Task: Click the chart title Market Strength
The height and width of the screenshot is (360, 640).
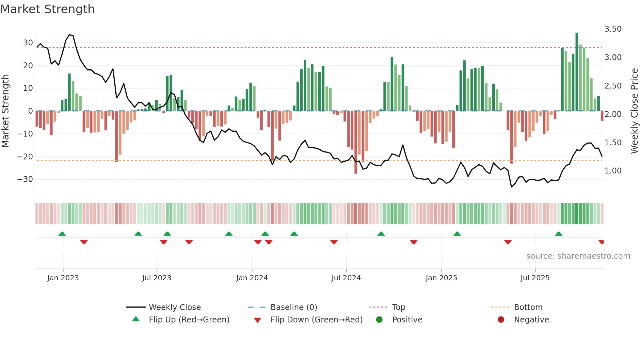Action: pos(48,9)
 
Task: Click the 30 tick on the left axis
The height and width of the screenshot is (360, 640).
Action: pos(28,43)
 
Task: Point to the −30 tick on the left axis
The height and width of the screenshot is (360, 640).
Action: pos(25,179)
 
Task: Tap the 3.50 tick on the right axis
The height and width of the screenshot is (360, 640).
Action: pos(613,29)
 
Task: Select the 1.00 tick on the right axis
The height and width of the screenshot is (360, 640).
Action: pos(613,171)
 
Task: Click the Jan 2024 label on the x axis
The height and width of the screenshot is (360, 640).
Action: pos(252,278)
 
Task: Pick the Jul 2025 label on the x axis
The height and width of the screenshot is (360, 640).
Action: pos(535,278)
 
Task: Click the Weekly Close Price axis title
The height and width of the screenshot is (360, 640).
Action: pos(634,111)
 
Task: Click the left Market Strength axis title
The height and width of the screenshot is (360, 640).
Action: pos(6,111)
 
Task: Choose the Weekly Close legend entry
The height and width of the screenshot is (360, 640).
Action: pos(175,307)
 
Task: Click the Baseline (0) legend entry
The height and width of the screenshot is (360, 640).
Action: pos(294,307)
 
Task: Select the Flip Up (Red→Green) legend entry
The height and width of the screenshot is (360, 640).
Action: pos(189,320)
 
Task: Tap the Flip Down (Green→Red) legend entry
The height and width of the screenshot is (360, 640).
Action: pos(316,320)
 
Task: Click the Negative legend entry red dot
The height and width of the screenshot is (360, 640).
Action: pos(501,320)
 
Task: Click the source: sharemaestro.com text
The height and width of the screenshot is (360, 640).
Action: pos(578,256)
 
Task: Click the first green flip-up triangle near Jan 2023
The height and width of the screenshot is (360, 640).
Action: pos(62,234)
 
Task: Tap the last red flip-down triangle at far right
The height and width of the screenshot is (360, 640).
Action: pos(601,242)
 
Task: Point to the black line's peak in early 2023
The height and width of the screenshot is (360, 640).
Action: pos(69,35)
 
